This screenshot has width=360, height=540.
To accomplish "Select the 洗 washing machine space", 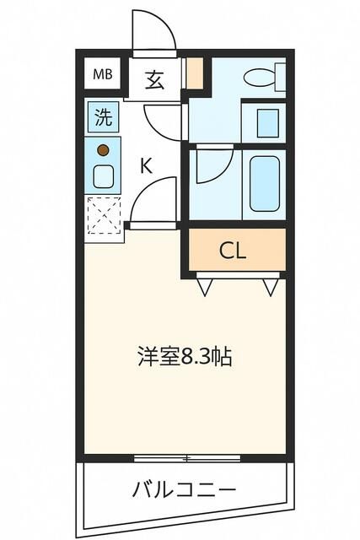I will [102, 117].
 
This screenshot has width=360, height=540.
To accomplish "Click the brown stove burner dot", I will [103, 151].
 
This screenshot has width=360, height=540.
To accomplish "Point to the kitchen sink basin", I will [103, 176].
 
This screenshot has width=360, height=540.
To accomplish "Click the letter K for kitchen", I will [146, 165].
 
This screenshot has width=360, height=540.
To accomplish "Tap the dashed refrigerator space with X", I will [104, 215].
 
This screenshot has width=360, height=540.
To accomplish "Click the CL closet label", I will [233, 251].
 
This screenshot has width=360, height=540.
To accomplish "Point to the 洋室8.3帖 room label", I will [185, 356].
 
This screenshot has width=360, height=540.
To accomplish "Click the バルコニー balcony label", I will [184, 489].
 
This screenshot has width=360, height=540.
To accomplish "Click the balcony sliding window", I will [187, 458].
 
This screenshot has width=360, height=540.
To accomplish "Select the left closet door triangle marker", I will [205, 288].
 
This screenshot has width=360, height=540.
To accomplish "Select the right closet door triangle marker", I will [270, 288].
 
